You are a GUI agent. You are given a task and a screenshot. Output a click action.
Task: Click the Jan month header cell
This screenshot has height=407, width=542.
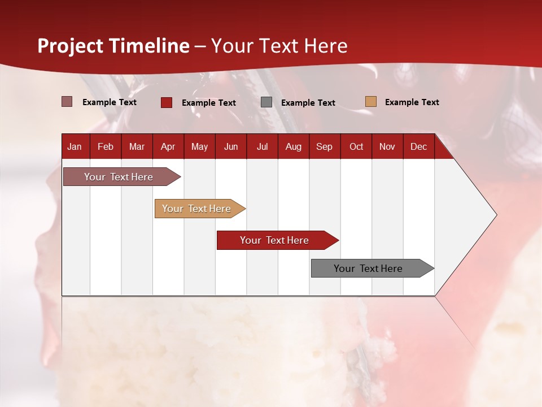[x=75, y=147]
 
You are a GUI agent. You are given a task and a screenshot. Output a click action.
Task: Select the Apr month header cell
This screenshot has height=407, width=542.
[x=168, y=147]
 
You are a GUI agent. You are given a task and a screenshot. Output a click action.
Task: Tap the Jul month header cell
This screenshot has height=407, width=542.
[x=262, y=147]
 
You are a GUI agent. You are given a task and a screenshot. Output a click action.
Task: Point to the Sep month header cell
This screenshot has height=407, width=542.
[x=324, y=147]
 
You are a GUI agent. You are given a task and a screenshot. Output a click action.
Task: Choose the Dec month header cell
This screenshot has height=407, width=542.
[x=418, y=147]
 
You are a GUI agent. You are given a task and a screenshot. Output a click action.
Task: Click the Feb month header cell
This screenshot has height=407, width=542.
[x=106, y=147]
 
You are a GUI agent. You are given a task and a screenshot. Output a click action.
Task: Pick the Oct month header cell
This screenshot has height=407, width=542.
[x=356, y=147]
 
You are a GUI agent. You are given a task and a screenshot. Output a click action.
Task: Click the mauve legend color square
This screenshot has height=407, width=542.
[x=67, y=102]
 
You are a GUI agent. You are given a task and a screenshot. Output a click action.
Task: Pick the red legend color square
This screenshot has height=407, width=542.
[x=167, y=102]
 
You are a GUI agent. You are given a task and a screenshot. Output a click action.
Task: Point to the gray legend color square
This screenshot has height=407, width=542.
[x=266, y=102]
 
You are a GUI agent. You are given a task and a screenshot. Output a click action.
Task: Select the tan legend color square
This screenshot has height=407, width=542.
[x=371, y=102]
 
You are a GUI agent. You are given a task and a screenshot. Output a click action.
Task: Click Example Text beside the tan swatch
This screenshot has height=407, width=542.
[x=412, y=102]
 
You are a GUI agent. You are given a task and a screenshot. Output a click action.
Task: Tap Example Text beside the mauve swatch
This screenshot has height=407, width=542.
[x=109, y=102]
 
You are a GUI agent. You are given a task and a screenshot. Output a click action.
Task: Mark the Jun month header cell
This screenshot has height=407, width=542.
[x=231, y=147]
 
